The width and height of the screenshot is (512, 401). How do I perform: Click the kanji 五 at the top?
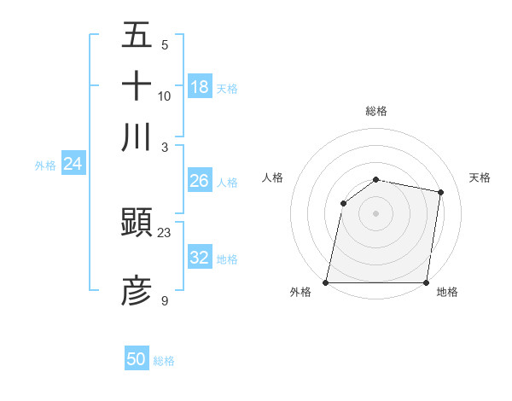click(137, 36)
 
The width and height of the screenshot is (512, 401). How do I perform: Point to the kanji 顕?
click(137, 224)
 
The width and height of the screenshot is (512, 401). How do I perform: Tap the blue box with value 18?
click(200, 87)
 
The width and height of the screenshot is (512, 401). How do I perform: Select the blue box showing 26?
click(200, 181)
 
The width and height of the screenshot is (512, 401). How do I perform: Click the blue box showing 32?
click(200, 258)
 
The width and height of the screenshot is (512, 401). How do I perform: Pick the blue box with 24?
click(73, 165)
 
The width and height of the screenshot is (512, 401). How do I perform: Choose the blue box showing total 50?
click(137, 359)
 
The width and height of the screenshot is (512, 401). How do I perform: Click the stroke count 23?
click(165, 232)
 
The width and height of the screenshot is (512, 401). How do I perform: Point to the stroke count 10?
click(165, 96)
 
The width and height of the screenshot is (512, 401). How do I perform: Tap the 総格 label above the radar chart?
click(376, 111)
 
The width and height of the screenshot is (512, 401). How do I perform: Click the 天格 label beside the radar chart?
click(480, 177)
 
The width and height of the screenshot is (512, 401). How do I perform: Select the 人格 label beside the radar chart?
click(273, 177)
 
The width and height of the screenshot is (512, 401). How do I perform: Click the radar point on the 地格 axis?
click(427, 282)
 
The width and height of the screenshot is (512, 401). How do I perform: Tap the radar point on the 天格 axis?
click(440, 193)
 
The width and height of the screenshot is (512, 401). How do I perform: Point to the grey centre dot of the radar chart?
click(376, 212)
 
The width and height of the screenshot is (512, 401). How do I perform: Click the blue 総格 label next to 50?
click(164, 360)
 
